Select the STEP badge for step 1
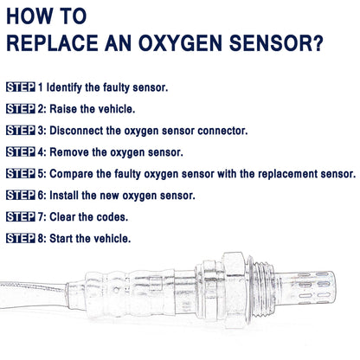coord(21,87)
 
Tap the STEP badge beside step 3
coord(21,131)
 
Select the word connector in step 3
coord(222,131)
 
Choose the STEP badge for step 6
coord(21,196)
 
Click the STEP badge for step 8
coord(21,238)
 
